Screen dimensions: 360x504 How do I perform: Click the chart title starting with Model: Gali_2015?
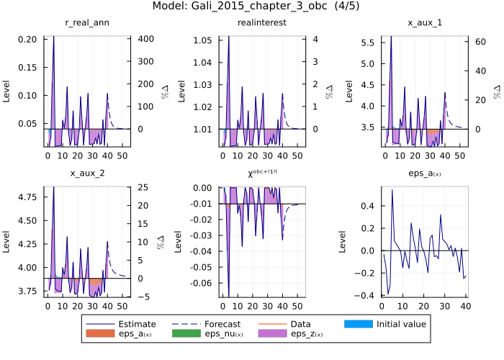coord(251,6)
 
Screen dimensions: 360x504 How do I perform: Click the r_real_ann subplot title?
coord(87,23)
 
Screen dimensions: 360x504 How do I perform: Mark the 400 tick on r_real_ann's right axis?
coord(143,39)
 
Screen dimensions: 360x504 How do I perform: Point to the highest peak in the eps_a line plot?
coord(392,190)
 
